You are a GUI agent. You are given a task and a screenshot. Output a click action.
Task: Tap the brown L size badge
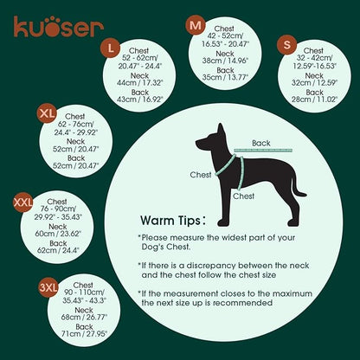coord(110,46)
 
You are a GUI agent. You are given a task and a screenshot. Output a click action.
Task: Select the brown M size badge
coord(196,26)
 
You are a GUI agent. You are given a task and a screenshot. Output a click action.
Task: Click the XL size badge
coord(48,112)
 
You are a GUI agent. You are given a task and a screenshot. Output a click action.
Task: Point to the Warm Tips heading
coord(173,221)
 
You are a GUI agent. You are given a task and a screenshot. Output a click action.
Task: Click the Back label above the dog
coord(260,143)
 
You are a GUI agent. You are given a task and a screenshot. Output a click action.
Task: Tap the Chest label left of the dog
coord(201,174)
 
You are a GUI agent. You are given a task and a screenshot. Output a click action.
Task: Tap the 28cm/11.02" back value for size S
coord(314,100)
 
